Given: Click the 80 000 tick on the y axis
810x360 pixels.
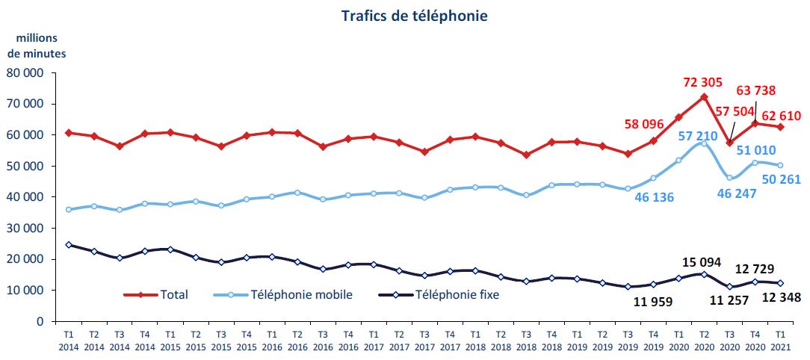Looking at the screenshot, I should coord(26,73).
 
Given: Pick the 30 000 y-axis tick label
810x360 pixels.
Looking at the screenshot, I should coord(26,229).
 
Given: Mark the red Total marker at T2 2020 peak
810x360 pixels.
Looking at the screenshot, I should coord(704,97).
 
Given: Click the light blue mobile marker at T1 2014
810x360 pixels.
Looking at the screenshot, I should coord(69,210).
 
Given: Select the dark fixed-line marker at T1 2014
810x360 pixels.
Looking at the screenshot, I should coord(69,245).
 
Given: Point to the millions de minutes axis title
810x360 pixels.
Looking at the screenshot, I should coord(37,46).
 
